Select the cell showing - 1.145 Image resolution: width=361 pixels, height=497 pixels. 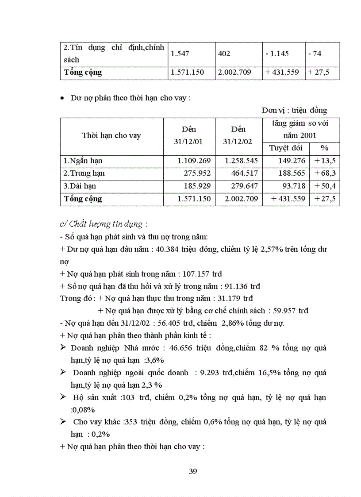[x=277, y=54]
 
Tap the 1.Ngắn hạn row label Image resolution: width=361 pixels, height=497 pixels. [x=83, y=161]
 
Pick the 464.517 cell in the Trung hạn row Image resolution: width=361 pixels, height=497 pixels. [x=241, y=173]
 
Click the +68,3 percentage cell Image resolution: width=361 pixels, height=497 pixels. [x=324, y=173]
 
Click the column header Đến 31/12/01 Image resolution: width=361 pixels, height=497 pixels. [x=189, y=135]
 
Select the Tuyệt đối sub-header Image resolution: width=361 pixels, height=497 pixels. [x=284, y=148]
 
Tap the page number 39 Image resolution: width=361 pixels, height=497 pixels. [x=193, y=471]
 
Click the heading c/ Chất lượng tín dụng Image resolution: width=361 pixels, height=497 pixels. [x=103, y=224]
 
